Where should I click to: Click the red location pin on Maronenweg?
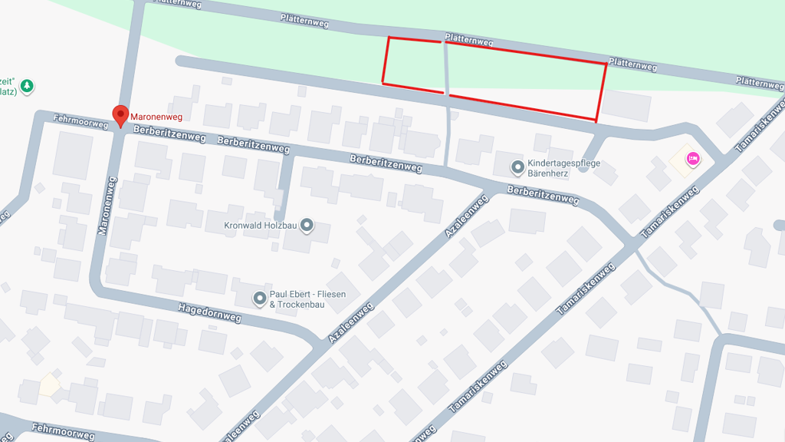coord(120,115)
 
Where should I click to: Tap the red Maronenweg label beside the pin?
coord(156,116)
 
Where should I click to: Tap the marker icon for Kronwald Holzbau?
coord(307,225)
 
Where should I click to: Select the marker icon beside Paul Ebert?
coord(260,298)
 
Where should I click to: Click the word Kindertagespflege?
coord(563,163)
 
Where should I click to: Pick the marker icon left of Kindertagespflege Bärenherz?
coord(519,167)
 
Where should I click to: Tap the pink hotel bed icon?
coord(693,159)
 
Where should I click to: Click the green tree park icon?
coord(28,85)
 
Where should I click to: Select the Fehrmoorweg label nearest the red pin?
coord(80,121)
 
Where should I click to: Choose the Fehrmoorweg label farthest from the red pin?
coord(64,432)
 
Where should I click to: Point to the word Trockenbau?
coord(301,305)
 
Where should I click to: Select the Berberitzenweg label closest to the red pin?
coord(169,135)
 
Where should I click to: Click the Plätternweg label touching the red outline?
coord(468,41)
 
